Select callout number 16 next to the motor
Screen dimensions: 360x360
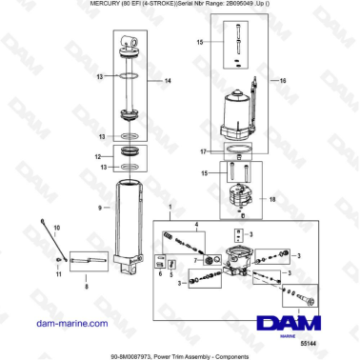tap(282, 81)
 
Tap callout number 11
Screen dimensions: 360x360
tap(56, 275)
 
